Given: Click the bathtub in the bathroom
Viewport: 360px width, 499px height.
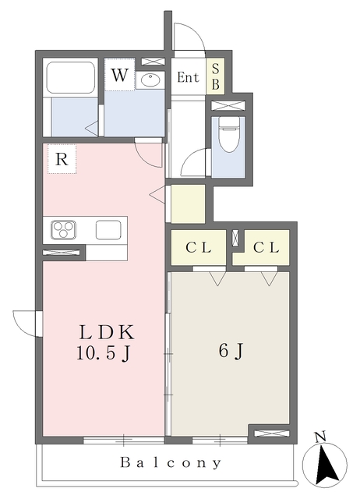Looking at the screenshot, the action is pyautogui.click(x=71, y=76).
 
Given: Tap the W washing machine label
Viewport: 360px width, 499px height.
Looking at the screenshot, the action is pyautogui.click(x=119, y=75).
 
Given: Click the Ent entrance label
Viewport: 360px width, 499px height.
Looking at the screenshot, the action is pyautogui.click(x=188, y=77).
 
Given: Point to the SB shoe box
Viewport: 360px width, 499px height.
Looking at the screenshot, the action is pyautogui.click(x=215, y=76).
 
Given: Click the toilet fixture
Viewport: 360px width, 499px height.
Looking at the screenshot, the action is pyautogui.click(x=228, y=134).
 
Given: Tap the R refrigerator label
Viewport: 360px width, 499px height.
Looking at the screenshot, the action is pyautogui.click(x=62, y=159).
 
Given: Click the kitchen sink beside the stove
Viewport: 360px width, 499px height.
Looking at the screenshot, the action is pyautogui.click(x=108, y=230).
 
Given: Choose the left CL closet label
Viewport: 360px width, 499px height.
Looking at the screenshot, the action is pyautogui.click(x=199, y=248).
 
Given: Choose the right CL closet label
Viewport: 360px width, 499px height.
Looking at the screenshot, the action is pyautogui.click(x=266, y=248).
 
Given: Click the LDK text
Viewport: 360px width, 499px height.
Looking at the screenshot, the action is pyautogui.click(x=108, y=333).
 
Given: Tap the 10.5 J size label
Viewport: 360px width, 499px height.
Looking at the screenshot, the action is pyautogui.click(x=104, y=353).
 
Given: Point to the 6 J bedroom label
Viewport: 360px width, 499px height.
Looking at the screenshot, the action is pyautogui.click(x=231, y=352).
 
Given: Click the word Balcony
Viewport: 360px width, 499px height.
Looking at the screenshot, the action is pyautogui.click(x=171, y=462).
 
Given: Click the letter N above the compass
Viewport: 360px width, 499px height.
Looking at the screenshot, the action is pyautogui.click(x=320, y=437).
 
